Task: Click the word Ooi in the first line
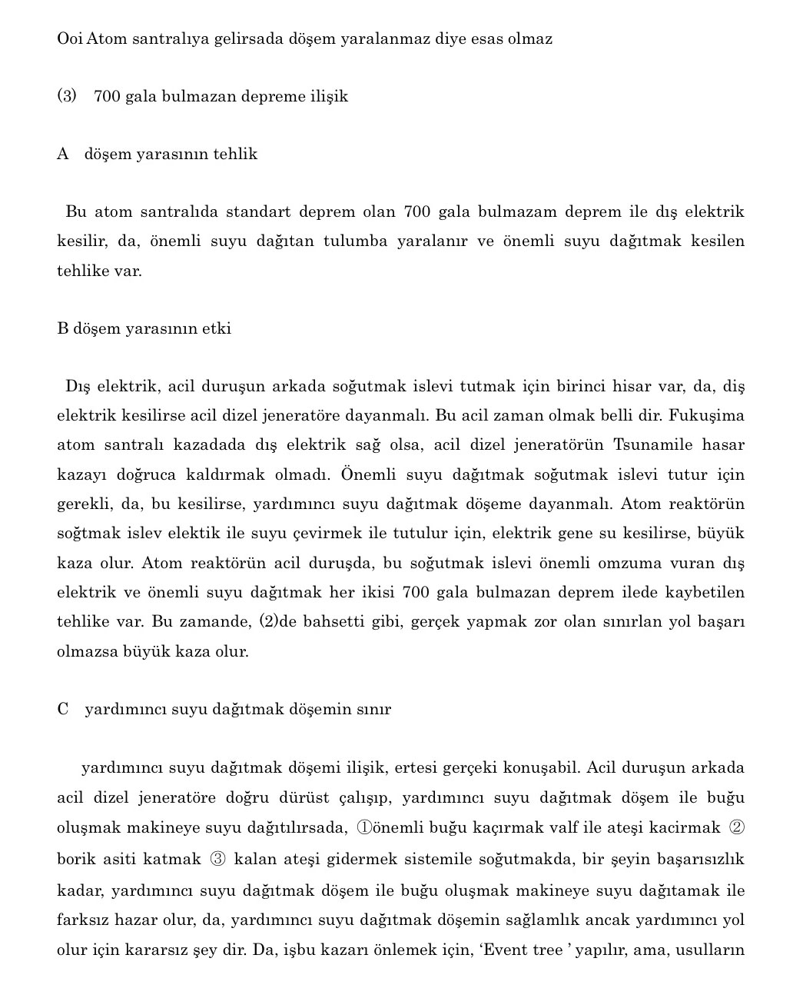pos(70,38)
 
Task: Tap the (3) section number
pos(67,96)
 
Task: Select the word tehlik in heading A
pos(235,154)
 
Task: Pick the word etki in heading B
pos(217,328)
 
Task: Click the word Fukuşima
pos(706,415)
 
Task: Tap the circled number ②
pos(736,827)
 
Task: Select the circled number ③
pos(217,859)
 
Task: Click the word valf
pos(562,827)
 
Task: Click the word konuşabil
pos(542,767)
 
